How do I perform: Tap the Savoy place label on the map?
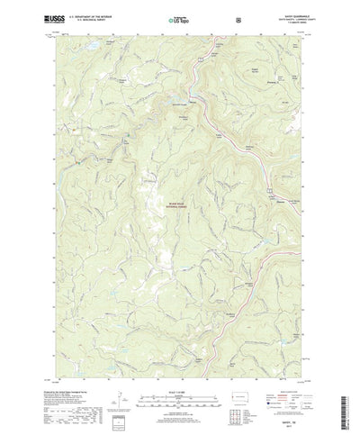click(192, 92)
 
